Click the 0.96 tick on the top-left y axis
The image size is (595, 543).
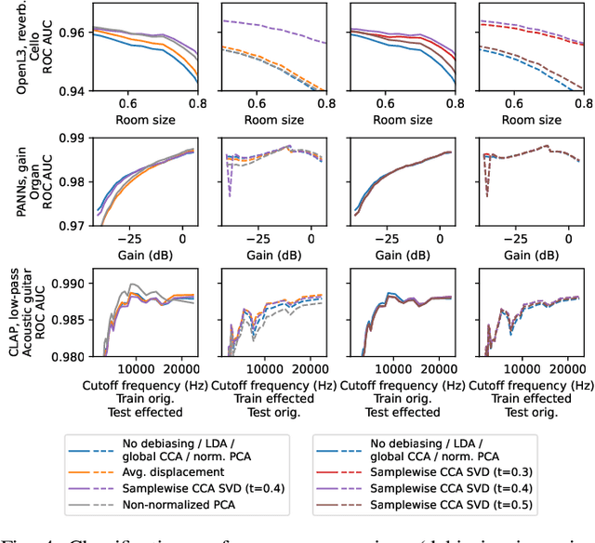(72, 32)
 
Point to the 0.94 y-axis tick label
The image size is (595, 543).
(72, 91)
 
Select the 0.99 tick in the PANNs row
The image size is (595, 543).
(72, 138)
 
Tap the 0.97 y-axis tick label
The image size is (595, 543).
(72, 226)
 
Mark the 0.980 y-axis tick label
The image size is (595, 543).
(68, 355)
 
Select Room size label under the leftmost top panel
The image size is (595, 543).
(143, 120)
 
